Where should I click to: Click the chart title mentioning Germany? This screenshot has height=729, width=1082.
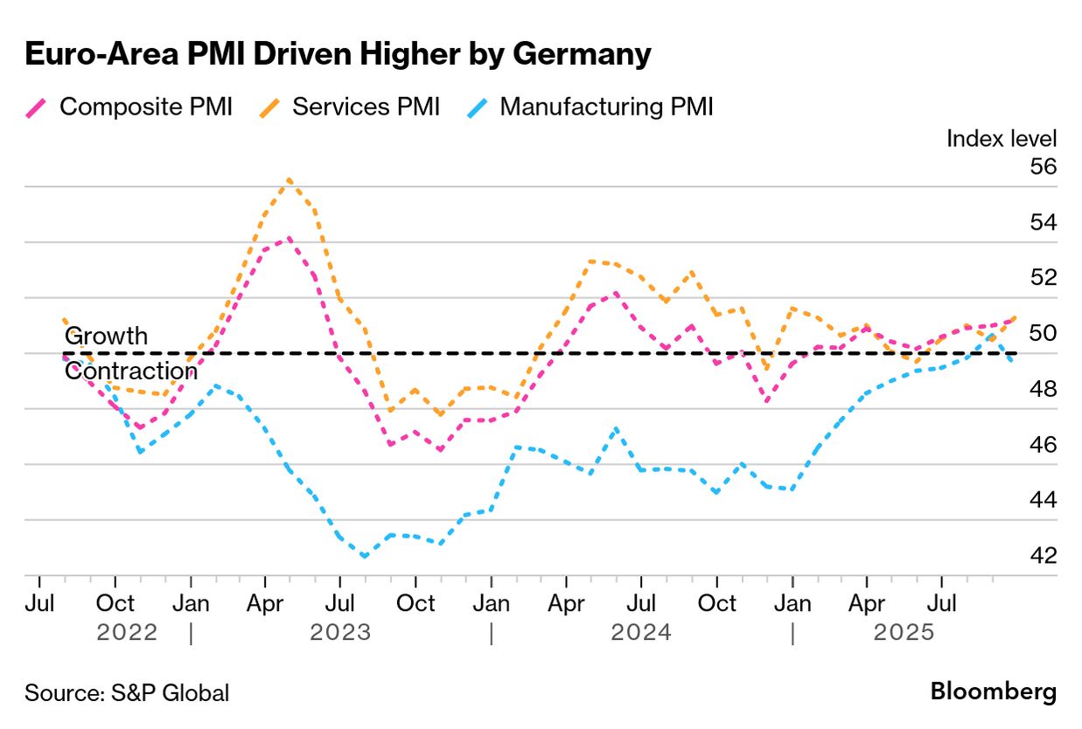coord(338,54)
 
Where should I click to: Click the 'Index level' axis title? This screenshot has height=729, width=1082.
coord(1002,138)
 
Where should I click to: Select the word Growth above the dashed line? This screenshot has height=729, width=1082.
coord(107,337)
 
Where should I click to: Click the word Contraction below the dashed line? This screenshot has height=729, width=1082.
coord(131,371)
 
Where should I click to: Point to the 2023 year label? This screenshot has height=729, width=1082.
coord(340,632)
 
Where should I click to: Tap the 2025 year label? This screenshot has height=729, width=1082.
coord(904,632)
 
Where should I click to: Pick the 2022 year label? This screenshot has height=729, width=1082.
coord(127,632)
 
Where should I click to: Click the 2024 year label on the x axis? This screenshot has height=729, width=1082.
coord(641,632)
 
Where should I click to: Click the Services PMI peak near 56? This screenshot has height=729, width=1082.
coord(290,179)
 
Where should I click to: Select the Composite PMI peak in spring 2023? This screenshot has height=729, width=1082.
coord(289,237)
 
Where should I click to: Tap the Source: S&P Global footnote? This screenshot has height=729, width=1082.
coord(127,693)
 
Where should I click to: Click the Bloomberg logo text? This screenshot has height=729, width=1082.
coord(993,691)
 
